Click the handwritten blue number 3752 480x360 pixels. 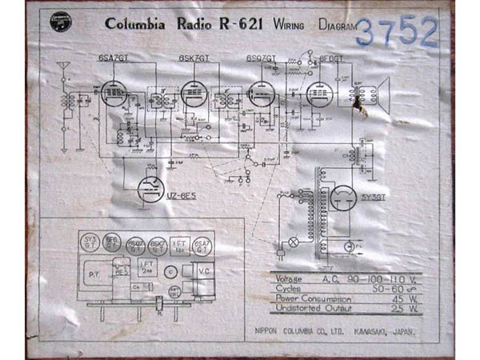(397, 31)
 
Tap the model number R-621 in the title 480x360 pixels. (238, 24)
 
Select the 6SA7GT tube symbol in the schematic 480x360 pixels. (113, 94)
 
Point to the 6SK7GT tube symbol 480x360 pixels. (194, 94)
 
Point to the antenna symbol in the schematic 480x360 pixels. (64, 69)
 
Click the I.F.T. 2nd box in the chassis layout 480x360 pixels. (146, 266)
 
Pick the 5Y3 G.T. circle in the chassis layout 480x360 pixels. (91, 241)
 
